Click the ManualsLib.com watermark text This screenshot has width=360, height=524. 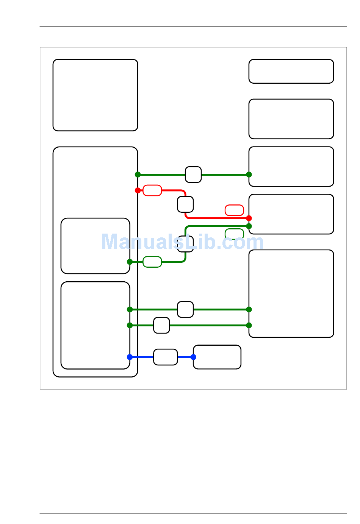tap(182, 242)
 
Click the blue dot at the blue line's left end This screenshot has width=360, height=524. tap(130, 357)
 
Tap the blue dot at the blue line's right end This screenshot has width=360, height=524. tap(193, 357)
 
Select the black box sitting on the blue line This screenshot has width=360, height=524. tap(165, 357)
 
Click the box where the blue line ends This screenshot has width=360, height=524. tap(217, 357)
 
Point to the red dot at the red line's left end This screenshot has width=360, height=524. tap(138, 190)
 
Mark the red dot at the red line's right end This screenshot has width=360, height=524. tap(249, 218)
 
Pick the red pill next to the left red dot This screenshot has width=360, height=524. tap(152, 190)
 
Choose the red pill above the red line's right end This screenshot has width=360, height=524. tap(234, 210)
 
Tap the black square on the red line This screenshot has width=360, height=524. tap(185, 204)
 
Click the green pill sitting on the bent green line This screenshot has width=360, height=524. tap(152, 262)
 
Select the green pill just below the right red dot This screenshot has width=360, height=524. tap(234, 234)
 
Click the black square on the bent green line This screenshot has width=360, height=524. tap(185, 244)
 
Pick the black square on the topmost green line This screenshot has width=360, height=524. tap(193, 175)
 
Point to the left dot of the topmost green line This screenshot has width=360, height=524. tap(138, 175)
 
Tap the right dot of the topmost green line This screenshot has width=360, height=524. tap(249, 175)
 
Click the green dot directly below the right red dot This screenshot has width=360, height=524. tap(249, 226)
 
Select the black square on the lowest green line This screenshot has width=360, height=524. tap(161, 325)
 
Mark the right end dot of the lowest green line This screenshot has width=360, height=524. tap(249, 325)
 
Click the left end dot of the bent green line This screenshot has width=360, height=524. tap(130, 262)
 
